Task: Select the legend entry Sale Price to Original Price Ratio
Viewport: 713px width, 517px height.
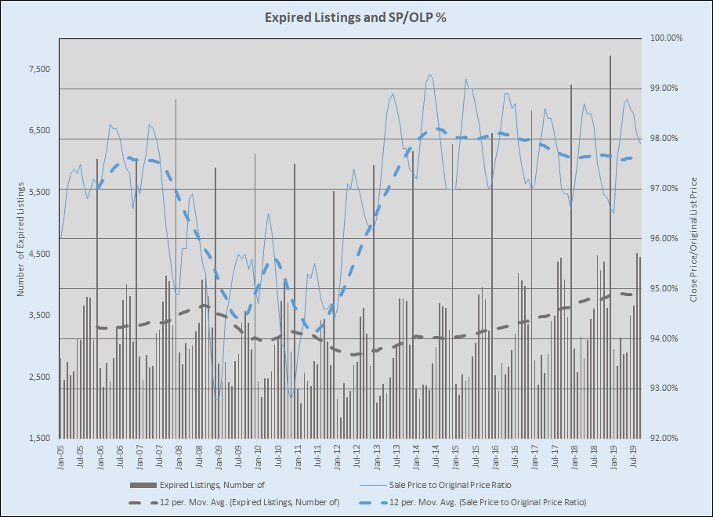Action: pyautogui.click(x=466, y=486)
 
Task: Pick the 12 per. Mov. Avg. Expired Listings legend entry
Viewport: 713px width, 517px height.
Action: pyautogui.click(x=248, y=501)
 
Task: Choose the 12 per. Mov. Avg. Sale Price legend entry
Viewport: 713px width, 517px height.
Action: pyautogui.click(x=487, y=501)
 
